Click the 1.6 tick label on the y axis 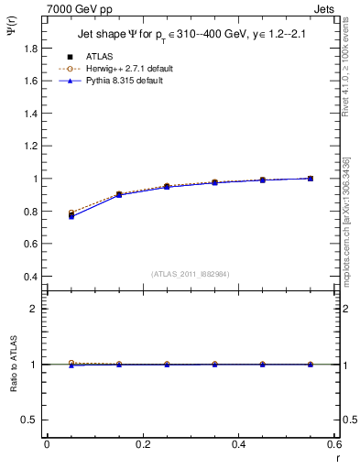click(30, 81)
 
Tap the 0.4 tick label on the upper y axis click(30, 277)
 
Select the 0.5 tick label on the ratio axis click(30, 420)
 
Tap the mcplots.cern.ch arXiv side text click(347, 221)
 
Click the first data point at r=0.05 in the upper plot click(71, 214)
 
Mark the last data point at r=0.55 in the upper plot click(311, 179)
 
